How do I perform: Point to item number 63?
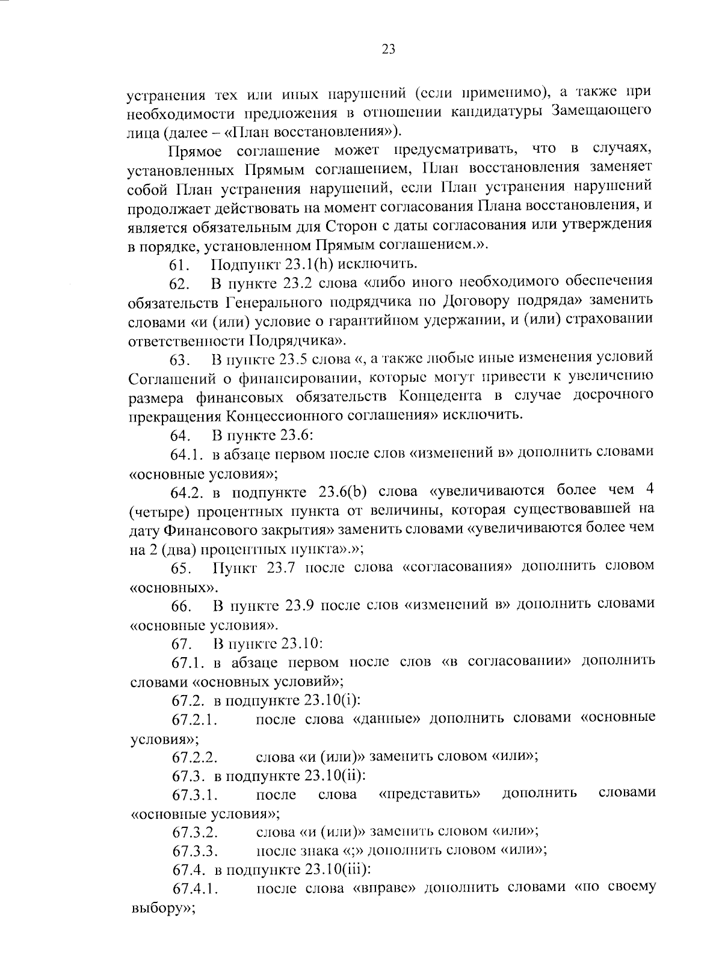180,361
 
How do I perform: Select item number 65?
181,569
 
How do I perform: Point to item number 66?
181,607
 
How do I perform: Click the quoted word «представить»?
430,795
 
